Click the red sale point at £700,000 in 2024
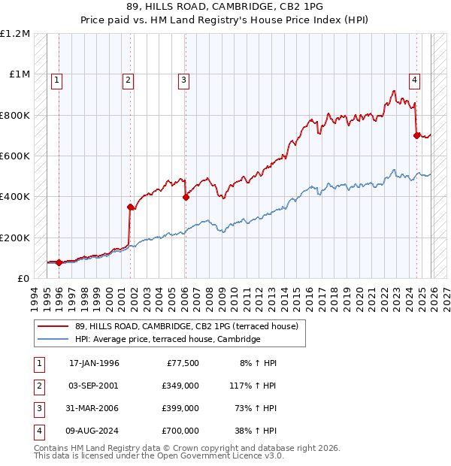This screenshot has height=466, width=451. coord(416,136)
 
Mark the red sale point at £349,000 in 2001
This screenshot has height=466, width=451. coord(130,207)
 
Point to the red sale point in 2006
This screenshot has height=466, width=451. coord(186,198)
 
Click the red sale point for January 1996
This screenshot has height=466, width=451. coord(59,262)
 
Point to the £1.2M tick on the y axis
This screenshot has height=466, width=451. coord(16,34)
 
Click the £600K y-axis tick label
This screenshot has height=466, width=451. coord(16,156)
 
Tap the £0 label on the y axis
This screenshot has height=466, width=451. coord(23,278)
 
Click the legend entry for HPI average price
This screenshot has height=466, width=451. coord(167,340)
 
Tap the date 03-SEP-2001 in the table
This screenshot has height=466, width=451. coord(94,386)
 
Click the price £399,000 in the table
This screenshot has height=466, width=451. coord(181,408)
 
